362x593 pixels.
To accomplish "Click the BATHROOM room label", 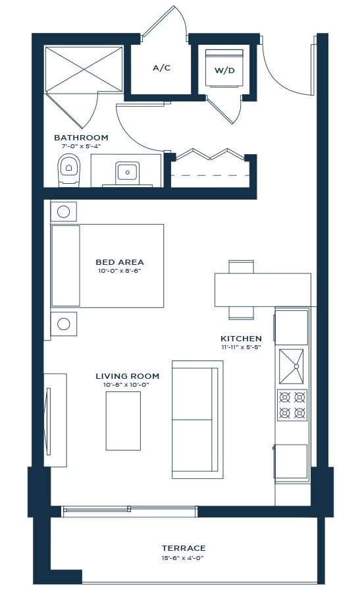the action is (x=81, y=138).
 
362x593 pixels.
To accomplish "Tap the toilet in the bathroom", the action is (x=68, y=170).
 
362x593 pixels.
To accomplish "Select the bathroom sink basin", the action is (x=127, y=173).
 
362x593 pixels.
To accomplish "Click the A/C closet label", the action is (x=161, y=68).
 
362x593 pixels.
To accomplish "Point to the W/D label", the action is (x=224, y=71).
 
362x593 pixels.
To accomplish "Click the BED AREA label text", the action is (x=119, y=262).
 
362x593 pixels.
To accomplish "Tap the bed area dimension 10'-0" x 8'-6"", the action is (x=119, y=271).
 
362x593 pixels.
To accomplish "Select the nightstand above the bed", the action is (x=63, y=212).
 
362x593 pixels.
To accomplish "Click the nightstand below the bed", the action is (x=63, y=324).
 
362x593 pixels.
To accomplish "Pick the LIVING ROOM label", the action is (x=127, y=376).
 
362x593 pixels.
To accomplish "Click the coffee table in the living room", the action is (x=123, y=421).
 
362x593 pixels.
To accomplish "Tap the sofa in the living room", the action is (x=197, y=420).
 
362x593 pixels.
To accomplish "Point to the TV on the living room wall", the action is (x=48, y=421).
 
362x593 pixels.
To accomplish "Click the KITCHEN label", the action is (x=241, y=339).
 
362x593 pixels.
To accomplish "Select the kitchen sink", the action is (x=291, y=366).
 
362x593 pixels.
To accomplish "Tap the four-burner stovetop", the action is (x=292, y=405).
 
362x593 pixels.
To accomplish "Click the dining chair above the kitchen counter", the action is (x=241, y=267).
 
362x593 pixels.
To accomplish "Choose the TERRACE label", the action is (x=184, y=548).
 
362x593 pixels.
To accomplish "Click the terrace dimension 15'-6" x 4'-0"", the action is (x=184, y=558).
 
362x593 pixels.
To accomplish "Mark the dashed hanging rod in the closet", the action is (x=210, y=175).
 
